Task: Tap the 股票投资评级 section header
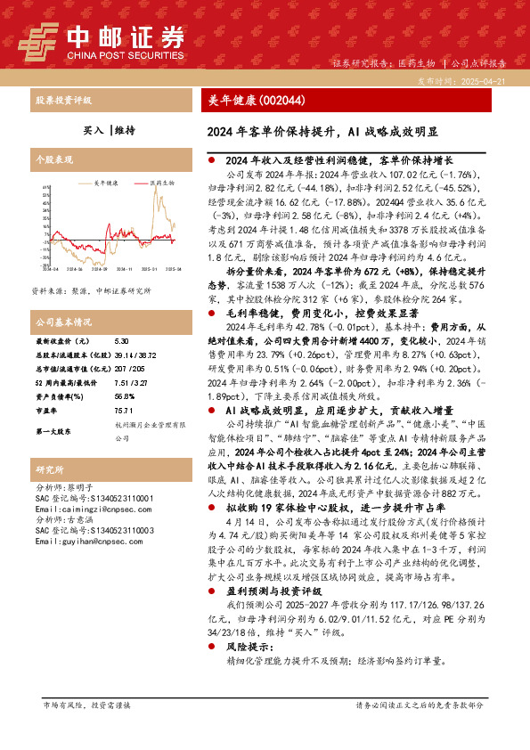64,102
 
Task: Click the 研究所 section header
48,469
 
